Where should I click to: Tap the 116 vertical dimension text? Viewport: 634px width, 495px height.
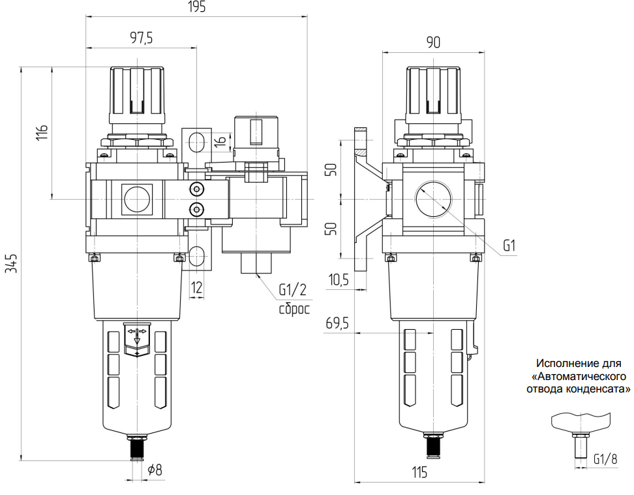pos(42,131)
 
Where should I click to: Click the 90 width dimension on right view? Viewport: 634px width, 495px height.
pos(433,43)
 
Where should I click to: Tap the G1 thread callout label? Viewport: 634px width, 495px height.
pos(510,246)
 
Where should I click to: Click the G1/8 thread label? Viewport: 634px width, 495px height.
pos(605,459)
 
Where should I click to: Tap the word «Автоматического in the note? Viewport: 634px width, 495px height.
pos(579,376)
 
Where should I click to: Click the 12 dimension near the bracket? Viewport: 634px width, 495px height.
pos(196,285)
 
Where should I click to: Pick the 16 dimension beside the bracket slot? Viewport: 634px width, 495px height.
pos(220,140)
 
